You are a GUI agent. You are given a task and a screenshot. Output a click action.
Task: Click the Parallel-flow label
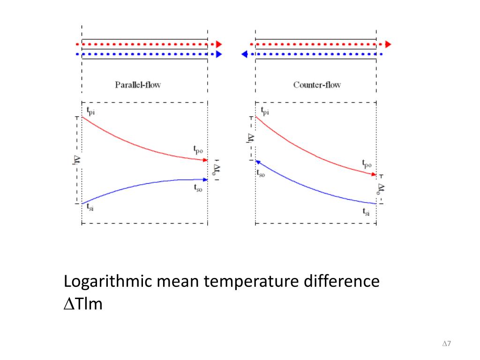point(138,85)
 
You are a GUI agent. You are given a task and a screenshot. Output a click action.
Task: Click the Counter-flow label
point(317,85)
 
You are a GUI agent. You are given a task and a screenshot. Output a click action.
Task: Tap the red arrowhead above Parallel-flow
point(218,44)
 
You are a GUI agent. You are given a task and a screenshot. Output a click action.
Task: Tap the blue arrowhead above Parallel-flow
point(218,54)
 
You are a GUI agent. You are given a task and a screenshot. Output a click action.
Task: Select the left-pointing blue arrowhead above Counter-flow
point(244,54)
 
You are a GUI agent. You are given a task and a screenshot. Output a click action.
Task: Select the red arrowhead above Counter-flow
point(388,44)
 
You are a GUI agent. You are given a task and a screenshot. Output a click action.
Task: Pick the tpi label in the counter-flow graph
point(265,111)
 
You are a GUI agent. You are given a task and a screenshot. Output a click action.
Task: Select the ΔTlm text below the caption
point(82,304)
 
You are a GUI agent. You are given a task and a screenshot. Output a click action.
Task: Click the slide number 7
point(449,344)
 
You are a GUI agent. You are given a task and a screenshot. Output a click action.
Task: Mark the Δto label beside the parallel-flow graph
point(217,169)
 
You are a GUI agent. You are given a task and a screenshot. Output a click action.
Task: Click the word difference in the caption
point(341,282)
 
